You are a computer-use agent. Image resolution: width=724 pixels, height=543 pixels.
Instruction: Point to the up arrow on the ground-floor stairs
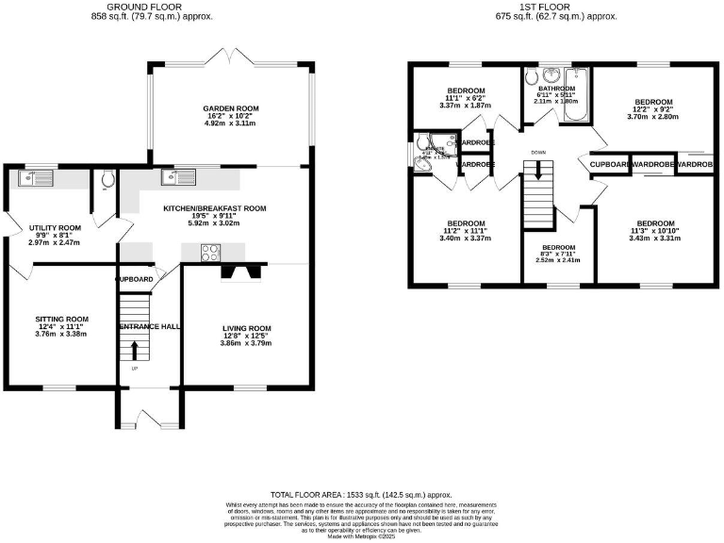tap(133, 350)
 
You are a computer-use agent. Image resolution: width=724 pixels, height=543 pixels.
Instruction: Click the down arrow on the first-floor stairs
tap(538, 171)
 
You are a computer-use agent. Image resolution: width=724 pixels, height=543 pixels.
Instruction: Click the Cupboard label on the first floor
tap(610, 165)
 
